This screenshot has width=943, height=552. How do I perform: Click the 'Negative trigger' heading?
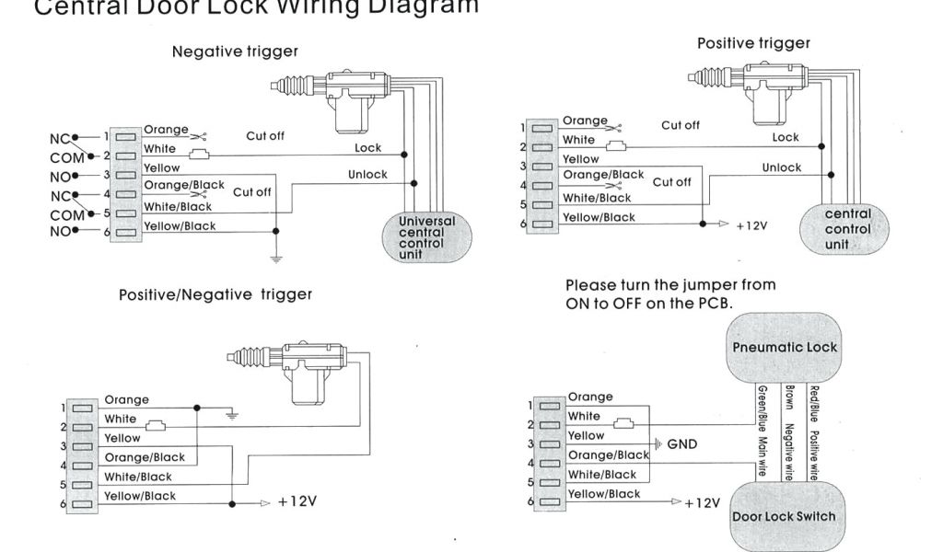tap(235, 52)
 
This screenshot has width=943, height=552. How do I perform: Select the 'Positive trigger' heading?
tap(753, 43)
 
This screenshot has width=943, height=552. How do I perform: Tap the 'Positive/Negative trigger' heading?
tap(215, 294)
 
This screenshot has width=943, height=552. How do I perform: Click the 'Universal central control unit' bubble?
tap(426, 237)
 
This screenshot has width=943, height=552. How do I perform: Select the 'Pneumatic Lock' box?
tap(785, 348)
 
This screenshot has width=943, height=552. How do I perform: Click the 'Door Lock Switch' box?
tap(784, 516)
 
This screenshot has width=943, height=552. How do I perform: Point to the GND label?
tap(681, 444)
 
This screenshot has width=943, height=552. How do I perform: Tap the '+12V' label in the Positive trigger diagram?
tap(751, 224)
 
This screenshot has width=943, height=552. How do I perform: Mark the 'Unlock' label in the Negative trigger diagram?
tap(367, 174)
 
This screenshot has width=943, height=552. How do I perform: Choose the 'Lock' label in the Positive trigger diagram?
tap(786, 137)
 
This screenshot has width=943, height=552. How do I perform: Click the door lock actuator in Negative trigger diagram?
tap(346, 93)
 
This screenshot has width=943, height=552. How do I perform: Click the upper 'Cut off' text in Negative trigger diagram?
tap(265, 136)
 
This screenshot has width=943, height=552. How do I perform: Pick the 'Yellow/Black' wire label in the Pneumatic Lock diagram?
tap(603, 494)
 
